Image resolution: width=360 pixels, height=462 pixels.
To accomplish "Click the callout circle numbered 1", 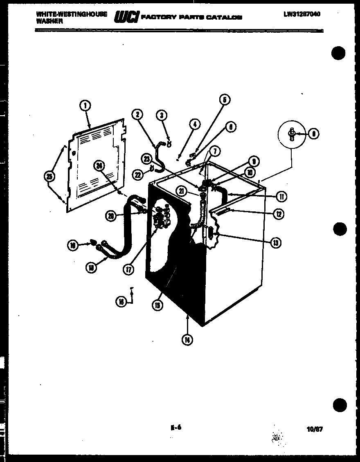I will coord(85,106).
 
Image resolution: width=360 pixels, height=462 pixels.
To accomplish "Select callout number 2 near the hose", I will coord(137,114).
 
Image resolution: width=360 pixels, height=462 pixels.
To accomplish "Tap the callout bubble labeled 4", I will coord(195,124).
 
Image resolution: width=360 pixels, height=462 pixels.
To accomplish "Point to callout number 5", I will coord(224,99).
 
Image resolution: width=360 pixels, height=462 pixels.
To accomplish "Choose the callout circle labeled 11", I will coord(281,197).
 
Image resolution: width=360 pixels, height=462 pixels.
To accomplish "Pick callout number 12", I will coord(278,214).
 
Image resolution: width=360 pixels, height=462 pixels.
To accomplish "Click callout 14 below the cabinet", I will coord(187,340).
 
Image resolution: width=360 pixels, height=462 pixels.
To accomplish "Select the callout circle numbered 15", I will coord(157,305).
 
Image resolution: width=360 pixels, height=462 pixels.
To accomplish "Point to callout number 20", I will coord(110,216).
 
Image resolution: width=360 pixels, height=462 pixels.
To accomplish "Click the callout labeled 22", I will coord(138,175).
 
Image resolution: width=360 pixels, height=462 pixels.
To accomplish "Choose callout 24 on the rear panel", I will coord(99,165).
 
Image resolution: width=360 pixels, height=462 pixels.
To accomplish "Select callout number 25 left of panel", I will coord(49,176).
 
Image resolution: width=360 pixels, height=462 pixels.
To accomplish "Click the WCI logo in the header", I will coord(126,17).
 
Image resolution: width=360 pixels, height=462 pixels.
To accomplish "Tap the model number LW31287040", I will coord(301,14).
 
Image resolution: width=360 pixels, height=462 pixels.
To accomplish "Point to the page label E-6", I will coord(175,428).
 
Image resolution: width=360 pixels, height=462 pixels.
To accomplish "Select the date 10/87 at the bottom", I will coord(314,429).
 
